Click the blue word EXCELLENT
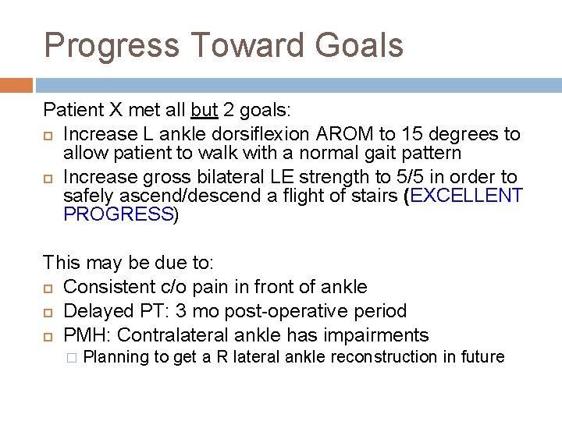coord(465,196)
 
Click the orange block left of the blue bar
coord(16,85)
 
